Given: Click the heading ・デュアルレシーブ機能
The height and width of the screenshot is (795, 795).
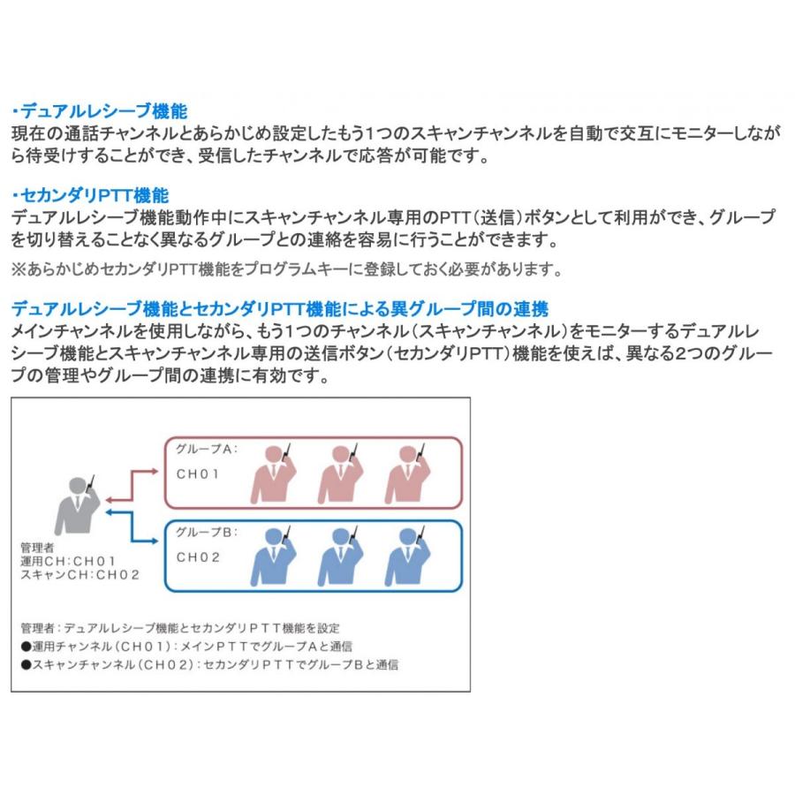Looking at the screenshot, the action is pos(99,112).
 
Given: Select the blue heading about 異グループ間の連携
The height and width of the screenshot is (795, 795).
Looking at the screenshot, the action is pos(280,309).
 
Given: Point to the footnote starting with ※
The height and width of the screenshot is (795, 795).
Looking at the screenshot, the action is pos(285,269).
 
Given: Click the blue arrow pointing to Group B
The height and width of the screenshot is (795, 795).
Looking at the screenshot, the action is pos(132,528).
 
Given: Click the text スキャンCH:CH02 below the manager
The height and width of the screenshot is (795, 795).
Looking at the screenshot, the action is pos(80,575).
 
